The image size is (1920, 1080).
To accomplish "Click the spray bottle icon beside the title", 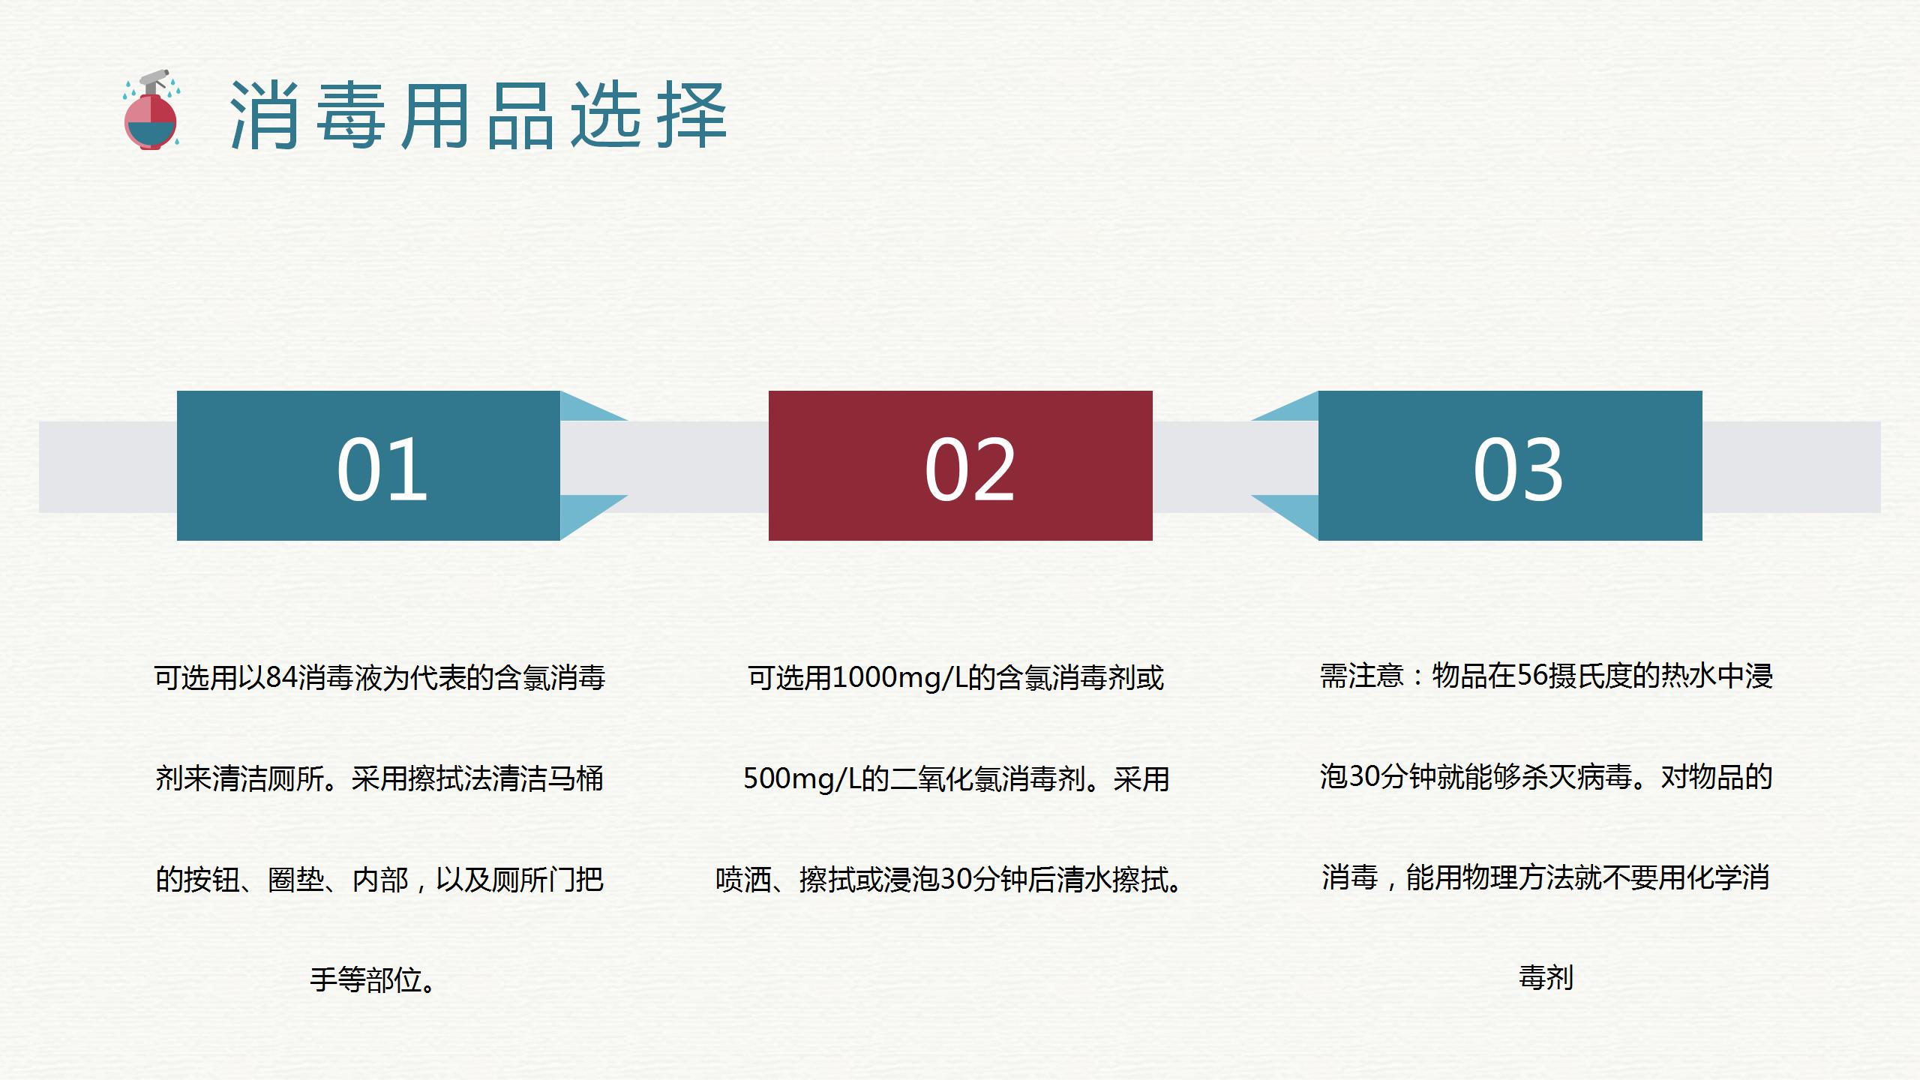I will [152, 111].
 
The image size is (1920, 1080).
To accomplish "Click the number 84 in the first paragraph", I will [281, 678].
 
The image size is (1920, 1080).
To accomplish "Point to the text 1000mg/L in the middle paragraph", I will [899, 678].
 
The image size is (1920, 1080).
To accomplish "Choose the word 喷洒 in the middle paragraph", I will [743, 880].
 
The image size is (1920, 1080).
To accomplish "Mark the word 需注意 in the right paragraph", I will [1361, 676].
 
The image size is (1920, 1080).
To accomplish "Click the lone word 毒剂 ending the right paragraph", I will [1546, 978].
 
